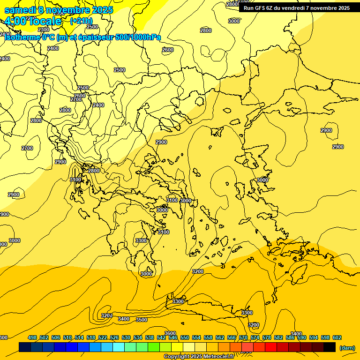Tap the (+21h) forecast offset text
pos(81,21)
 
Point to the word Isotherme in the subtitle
pos(22,37)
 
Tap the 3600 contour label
pos(170,333)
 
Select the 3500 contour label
pos(141,320)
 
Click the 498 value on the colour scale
pos(32,337)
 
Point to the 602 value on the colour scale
pos(337,337)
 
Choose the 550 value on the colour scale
pos(185,337)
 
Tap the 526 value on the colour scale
pos(114,337)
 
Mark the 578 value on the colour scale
pos(267,337)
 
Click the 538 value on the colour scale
pos(150,337)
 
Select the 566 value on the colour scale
pos(232,337)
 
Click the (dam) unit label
pos(347,347)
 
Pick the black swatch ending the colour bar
pos(330,347)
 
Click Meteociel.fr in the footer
pos(219,357)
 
